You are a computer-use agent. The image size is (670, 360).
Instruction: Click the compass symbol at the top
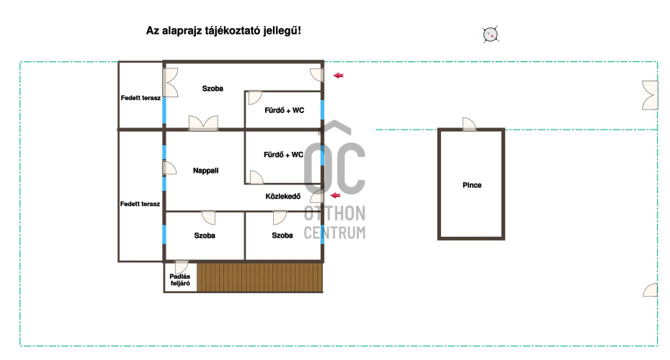[x=491, y=34]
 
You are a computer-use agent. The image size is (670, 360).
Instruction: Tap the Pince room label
[x=472, y=185]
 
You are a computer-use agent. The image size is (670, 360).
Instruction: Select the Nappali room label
[x=205, y=171]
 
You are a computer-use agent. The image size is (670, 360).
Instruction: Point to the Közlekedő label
[x=283, y=196]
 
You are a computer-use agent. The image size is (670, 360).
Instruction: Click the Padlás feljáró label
[x=180, y=279]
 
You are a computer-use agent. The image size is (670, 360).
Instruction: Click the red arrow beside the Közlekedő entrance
[x=336, y=196]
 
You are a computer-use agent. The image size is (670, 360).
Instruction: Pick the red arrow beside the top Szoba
[x=339, y=76]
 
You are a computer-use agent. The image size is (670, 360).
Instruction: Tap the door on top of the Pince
[x=469, y=125]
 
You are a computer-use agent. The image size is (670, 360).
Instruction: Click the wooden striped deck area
[x=259, y=277]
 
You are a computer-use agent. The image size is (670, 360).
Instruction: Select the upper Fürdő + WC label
[x=284, y=110]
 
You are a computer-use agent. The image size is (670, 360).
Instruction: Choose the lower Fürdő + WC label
[x=283, y=155]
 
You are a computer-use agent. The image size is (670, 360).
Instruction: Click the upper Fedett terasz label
[x=140, y=98]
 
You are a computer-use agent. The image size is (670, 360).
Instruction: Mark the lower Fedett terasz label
[x=140, y=204]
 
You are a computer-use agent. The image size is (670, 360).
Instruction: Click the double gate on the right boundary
[x=650, y=95]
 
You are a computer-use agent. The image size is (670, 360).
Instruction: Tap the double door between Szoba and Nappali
[x=203, y=123]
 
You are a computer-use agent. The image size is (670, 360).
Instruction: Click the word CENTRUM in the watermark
[x=334, y=233]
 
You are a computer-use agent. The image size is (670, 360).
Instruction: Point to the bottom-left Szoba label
[x=205, y=235]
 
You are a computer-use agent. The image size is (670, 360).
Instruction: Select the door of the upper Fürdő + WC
[x=254, y=97]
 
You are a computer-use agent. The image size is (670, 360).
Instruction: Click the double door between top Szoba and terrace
[x=170, y=82]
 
